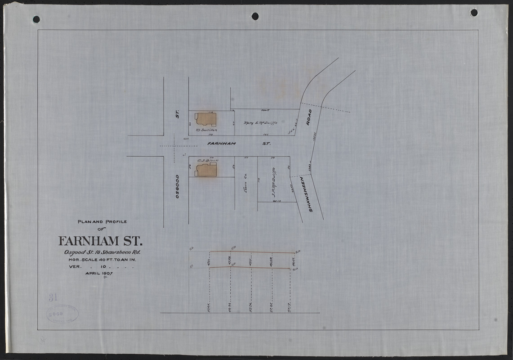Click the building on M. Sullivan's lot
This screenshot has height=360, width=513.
tap(205, 119)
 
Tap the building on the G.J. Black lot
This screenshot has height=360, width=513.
tap(206, 170)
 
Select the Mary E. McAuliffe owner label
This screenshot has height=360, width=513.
tap(261, 123)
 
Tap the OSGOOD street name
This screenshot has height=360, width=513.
tap(178, 186)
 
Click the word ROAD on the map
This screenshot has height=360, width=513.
tap(309, 117)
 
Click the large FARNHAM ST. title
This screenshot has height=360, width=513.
tap(101, 241)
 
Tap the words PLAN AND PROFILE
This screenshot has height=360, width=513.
tap(103, 221)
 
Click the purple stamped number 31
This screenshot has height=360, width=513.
tap(54, 298)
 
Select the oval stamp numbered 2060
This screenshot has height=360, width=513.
tap(62, 314)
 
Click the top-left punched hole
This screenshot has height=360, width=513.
tap(36, 19)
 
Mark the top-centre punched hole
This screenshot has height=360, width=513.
tap(255, 16)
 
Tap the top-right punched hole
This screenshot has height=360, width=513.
tap(474, 13)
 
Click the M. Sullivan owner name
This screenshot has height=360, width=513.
tap(207, 130)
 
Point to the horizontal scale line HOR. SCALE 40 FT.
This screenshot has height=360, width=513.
tap(102, 260)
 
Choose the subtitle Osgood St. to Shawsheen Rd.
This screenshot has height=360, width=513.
tap(103, 252)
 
